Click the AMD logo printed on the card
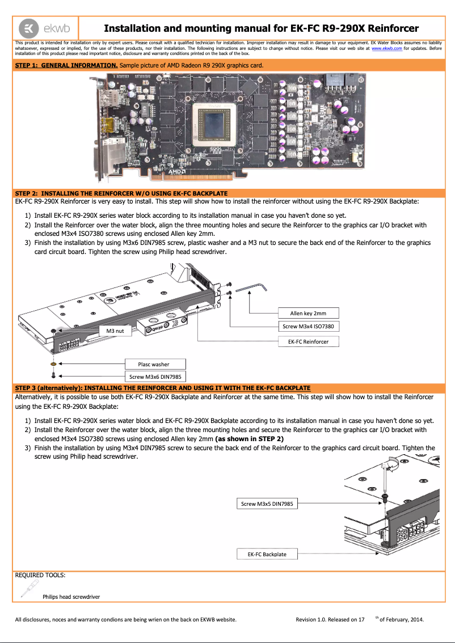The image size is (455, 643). [x=178, y=170]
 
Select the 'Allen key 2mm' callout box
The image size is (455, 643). [x=308, y=313]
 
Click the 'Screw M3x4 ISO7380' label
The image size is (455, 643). [x=308, y=326]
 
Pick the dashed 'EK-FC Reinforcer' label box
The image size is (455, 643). [x=308, y=341]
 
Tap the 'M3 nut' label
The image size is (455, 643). [x=115, y=330]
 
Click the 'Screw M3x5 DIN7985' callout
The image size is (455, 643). [x=267, y=504]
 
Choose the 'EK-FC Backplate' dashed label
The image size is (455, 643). [x=267, y=553]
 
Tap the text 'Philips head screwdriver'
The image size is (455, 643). [x=71, y=597]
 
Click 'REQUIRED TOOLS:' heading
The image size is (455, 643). [x=40, y=575]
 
